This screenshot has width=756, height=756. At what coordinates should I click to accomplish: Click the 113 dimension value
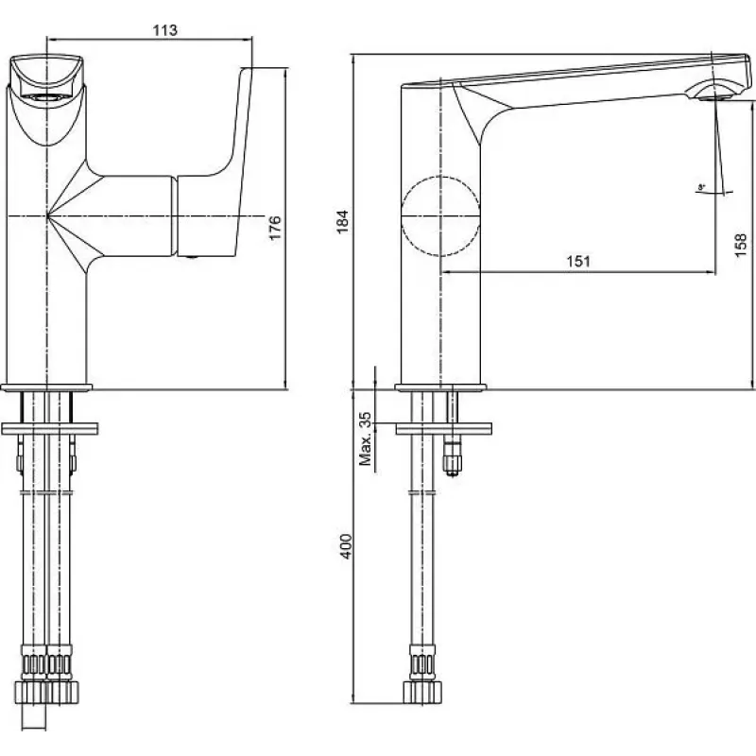165,30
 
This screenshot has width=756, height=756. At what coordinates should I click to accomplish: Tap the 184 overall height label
344,220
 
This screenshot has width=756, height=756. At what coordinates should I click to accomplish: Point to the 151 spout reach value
578,262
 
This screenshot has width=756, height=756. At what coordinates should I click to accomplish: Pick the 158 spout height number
741,247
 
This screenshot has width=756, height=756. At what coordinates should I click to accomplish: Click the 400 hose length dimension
345,545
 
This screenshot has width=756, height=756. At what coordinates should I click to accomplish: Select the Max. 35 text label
366,437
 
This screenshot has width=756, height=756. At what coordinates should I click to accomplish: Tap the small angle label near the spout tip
701,188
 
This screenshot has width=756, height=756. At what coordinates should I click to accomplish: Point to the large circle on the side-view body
440,216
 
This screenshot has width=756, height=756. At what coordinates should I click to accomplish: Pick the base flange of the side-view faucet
440,387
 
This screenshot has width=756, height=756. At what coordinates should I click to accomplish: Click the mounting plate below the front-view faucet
49,429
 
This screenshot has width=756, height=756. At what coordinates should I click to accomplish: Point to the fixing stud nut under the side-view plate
454,462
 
